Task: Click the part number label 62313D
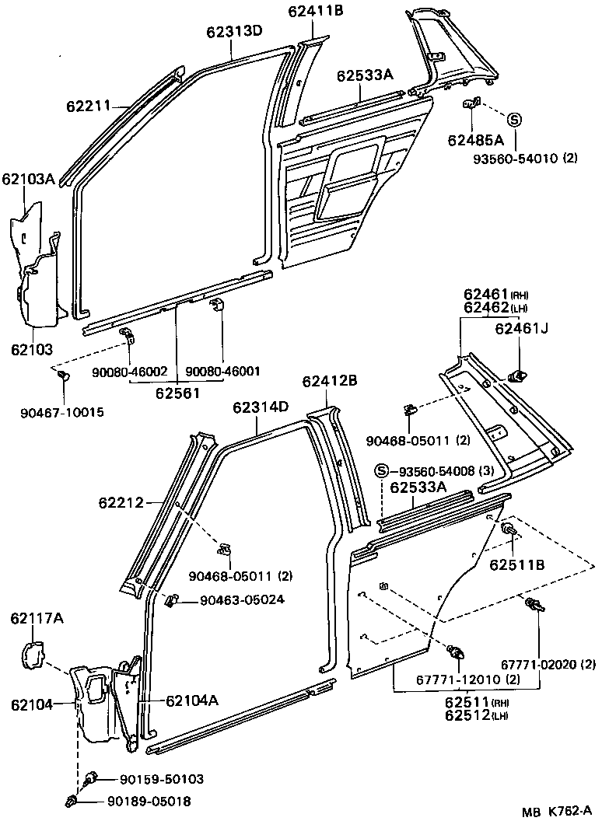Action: [234, 31]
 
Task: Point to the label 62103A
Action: [27, 180]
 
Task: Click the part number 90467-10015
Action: [61, 411]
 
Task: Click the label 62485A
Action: [475, 140]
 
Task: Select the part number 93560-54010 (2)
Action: [537, 159]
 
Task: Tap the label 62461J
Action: [521, 328]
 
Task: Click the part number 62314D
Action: [260, 407]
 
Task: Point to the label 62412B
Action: [329, 381]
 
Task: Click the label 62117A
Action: [37, 619]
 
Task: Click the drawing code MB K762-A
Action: [557, 812]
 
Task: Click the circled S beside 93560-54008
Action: [381, 471]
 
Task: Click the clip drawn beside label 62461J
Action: [516, 377]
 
